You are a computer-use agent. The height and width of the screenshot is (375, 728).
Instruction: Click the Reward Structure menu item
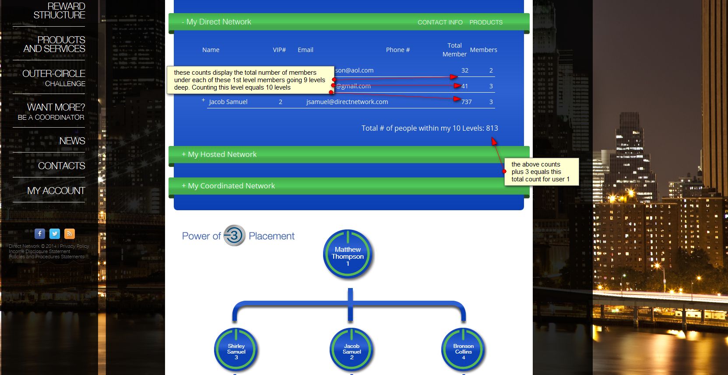point(59,11)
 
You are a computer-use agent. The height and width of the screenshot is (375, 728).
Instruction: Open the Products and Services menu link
point(54,44)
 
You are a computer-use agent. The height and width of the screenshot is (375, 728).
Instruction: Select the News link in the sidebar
point(72,141)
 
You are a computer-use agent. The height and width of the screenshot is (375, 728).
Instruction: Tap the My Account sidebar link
point(56,191)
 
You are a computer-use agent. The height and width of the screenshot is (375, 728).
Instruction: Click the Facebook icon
point(40,234)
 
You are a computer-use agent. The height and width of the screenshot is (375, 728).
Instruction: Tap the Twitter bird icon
point(55,234)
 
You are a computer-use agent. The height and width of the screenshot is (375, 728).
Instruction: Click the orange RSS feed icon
point(70,234)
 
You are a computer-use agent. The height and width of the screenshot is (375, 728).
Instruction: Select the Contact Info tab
point(440,22)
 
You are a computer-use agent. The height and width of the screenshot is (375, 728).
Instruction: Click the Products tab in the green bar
point(486,22)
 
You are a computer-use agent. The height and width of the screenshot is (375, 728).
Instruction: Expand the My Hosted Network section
point(219,154)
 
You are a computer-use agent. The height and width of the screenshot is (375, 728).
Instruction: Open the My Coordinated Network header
point(229,186)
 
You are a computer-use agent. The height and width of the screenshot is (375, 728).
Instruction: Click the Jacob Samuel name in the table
point(228,102)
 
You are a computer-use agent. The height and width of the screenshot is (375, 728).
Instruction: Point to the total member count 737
point(467,102)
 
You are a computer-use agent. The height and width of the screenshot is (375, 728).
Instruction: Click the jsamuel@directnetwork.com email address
point(347,102)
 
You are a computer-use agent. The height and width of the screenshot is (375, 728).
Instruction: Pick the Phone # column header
point(398,50)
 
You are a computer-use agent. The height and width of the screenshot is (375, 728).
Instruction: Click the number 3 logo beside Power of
point(235,236)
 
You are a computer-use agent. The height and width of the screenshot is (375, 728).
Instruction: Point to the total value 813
point(492,128)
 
